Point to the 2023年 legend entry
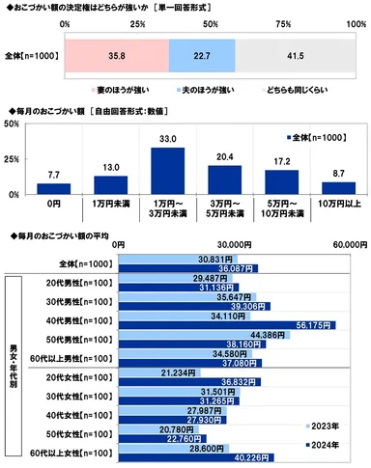(325, 425)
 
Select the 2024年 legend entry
(325, 443)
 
